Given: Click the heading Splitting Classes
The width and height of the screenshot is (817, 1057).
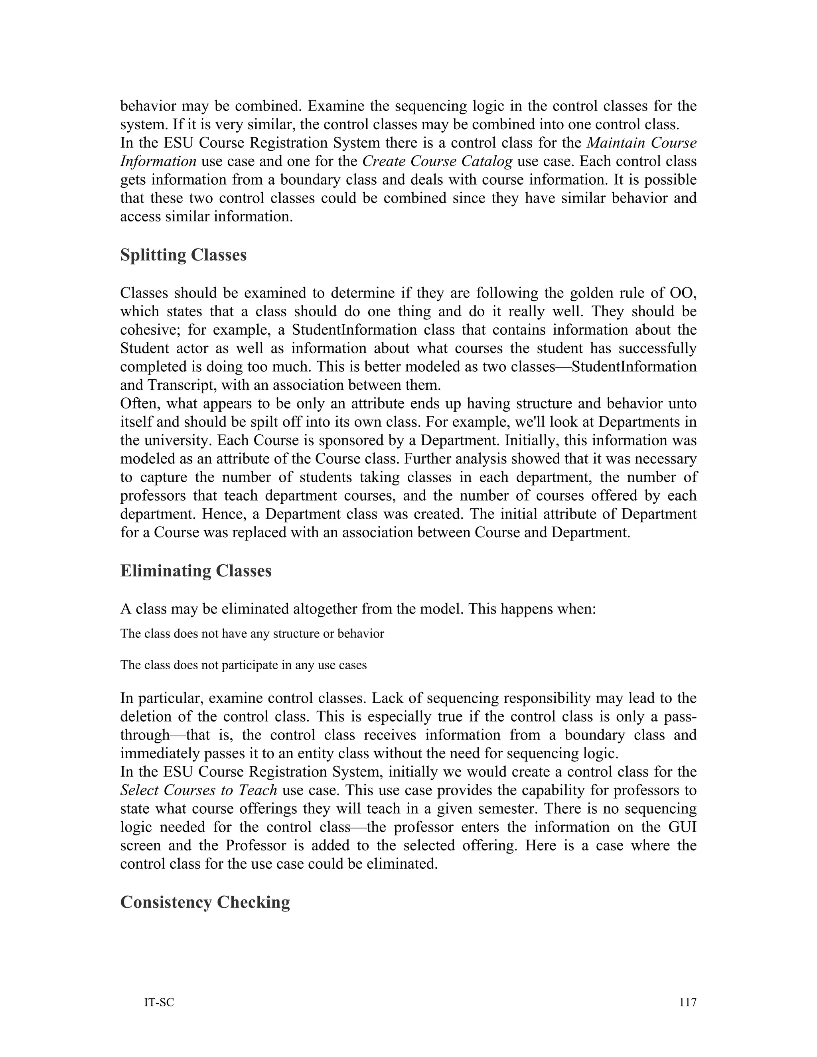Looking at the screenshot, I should (x=183, y=255).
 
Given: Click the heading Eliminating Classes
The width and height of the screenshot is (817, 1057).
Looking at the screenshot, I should (x=195, y=571).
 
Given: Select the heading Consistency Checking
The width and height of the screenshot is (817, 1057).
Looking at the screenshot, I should (x=205, y=902).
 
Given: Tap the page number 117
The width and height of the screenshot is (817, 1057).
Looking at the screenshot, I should (x=687, y=1002).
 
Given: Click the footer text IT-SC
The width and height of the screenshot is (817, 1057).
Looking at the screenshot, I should (x=159, y=1002).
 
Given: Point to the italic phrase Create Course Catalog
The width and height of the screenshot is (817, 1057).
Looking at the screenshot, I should (x=437, y=161).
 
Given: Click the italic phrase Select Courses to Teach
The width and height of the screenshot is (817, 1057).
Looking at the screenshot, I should (x=198, y=790).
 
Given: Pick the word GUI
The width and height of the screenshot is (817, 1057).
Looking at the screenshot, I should (x=682, y=826).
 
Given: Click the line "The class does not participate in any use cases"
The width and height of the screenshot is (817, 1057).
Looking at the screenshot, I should (x=243, y=665).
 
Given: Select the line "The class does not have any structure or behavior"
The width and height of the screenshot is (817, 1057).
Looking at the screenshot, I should (x=252, y=633).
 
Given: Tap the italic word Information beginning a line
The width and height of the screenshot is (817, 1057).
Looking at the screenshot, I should (x=158, y=161).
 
